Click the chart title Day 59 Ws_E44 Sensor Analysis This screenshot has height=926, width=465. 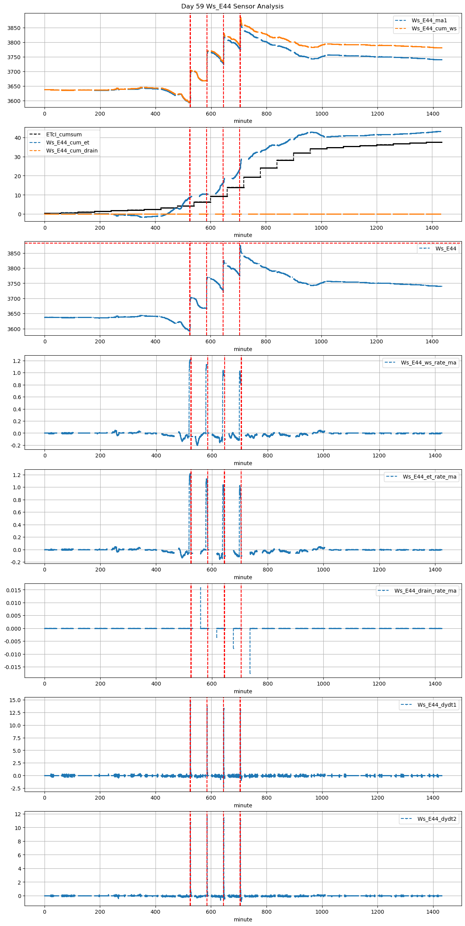click(x=232, y=6)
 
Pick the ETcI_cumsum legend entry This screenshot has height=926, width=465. click(x=64, y=134)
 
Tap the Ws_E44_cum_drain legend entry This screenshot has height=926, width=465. click(x=72, y=151)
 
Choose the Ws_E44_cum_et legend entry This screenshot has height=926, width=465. click(x=68, y=142)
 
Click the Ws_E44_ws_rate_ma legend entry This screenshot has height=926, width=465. click(x=429, y=363)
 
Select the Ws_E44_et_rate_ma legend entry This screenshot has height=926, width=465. click(x=429, y=477)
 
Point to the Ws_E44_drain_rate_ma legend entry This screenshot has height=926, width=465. click(x=425, y=591)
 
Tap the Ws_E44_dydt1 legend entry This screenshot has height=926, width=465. click(x=437, y=705)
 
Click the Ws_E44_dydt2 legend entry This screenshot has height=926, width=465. click(x=437, y=819)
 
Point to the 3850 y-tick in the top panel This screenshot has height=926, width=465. click(x=14, y=28)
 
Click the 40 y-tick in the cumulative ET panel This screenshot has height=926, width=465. click(x=18, y=138)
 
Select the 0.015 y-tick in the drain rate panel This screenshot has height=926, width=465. click(x=13, y=590)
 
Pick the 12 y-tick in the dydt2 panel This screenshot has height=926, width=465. click(x=18, y=814)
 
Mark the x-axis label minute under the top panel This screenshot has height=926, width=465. click(x=243, y=121)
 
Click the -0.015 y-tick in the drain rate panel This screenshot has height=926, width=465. click(x=12, y=667)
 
